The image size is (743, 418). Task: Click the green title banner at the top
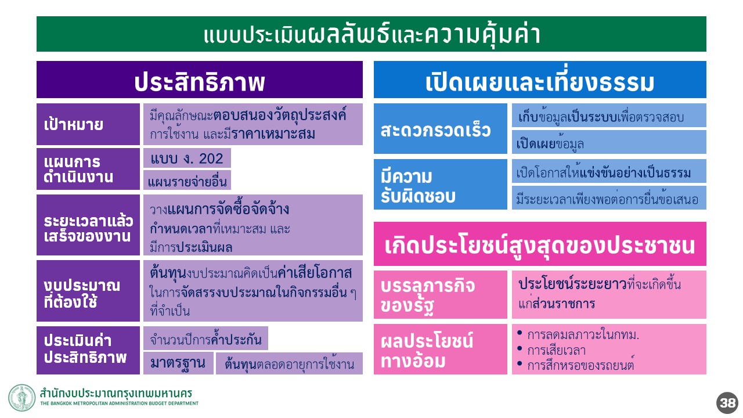pos(371,34)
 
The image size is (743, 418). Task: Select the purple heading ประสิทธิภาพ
pos(199,80)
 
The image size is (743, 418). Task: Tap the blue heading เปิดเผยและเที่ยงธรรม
pos(540,80)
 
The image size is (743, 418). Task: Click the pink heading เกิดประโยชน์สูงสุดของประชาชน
pos(540,244)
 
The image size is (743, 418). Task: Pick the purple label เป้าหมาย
pos(88,124)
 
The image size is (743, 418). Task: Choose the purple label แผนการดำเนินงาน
pos(88,169)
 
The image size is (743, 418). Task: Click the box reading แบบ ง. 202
pos(187,158)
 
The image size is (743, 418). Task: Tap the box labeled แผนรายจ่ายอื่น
pos(187,180)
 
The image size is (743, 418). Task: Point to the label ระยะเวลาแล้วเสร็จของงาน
pos(88,225)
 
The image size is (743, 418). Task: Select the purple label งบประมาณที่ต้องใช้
pos(88,291)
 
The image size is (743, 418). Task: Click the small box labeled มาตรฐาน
pos(178,363)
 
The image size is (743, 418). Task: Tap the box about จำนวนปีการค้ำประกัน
pos(205,338)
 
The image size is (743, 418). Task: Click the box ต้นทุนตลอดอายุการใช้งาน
pos(289,363)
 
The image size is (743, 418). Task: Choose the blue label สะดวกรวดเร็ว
pos(441,129)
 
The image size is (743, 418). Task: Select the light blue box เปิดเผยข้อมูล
pos(609,142)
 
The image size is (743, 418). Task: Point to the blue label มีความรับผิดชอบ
pos(441,185)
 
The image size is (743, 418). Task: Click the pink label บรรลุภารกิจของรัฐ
pos(441,294)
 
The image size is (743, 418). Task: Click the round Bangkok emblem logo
pos(22,398)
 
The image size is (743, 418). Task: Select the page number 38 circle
pos(727,403)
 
